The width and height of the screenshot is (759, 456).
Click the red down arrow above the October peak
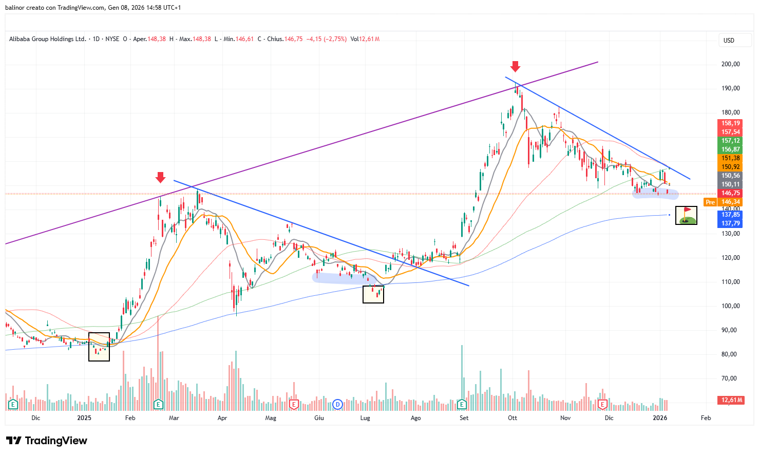(x=515, y=66)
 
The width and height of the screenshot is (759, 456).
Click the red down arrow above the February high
(x=160, y=177)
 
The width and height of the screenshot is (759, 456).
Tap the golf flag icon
(x=686, y=216)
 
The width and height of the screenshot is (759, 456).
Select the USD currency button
(x=729, y=41)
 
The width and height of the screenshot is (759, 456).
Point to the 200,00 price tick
(x=731, y=64)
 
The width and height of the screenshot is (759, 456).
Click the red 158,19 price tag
(x=730, y=123)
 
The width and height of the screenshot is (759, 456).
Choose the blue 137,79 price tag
(x=730, y=223)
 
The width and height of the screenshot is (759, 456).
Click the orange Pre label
(x=710, y=202)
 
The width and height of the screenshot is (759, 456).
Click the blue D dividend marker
(x=337, y=404)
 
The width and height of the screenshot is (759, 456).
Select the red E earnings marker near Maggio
(x=293, y=404)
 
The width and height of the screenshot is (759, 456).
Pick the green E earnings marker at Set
(x=462, y=404)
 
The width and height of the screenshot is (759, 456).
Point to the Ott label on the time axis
(x=513, y=418)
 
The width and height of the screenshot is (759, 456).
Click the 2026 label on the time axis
(x=660, y=418)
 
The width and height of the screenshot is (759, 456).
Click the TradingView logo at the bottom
(x=47, y=441)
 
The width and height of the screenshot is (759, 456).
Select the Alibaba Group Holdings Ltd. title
(x=47, y=39)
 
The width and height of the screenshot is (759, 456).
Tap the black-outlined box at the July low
(x=373, y=294)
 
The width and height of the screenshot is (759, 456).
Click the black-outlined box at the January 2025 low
(x=99, y=347)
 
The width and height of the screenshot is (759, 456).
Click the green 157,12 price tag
(x=730, y=141)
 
